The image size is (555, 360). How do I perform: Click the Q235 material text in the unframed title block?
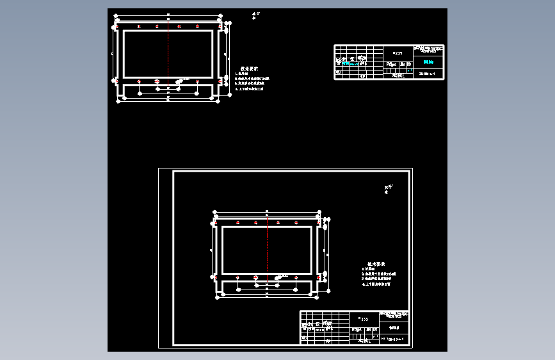(398, 53)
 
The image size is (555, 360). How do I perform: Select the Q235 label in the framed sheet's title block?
(364, 318)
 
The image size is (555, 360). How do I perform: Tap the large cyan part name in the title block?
(428, 63)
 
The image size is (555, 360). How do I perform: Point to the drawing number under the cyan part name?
(427, 74)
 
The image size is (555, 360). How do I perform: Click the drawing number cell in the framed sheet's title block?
(394, 340)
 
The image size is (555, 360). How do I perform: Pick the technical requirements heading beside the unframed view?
(249, 69)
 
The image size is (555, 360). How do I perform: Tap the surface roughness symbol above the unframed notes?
(255, 14)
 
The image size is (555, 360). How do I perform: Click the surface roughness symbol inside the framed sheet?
(387, 188)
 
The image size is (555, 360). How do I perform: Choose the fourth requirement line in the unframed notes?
(250, 90)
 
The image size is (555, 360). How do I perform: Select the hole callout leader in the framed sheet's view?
(281, 276)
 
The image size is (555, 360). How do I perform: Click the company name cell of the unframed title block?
(428, 49)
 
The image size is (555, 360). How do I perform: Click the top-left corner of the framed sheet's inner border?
(173, 171)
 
